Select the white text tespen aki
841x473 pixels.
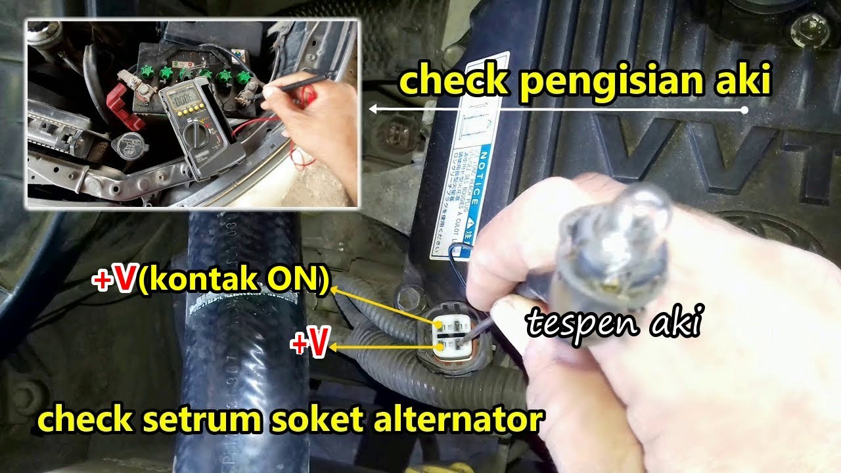pyautogui.click(x=612, y=323)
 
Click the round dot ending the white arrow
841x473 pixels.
pyautogui.click(x=744, y=110)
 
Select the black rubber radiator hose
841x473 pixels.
pyautogui.click(x=243, y=342)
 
